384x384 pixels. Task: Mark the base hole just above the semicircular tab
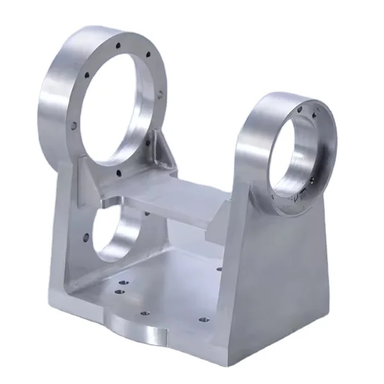point(145,314)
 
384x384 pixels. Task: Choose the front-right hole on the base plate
point(202,318)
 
